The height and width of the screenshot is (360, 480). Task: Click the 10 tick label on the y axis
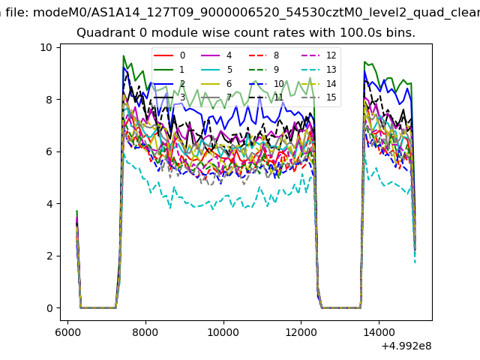(46, 47)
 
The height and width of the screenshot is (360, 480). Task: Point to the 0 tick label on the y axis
(49, 308)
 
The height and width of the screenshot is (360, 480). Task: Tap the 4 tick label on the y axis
(49, 204)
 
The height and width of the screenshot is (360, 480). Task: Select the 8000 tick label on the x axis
(145, 332)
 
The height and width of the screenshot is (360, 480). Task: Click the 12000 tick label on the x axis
(301, 332)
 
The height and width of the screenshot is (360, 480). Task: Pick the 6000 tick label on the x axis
(67, 332)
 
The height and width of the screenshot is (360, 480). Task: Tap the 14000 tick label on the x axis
(378, 332)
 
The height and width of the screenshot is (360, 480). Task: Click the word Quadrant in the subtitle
(102, 33)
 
